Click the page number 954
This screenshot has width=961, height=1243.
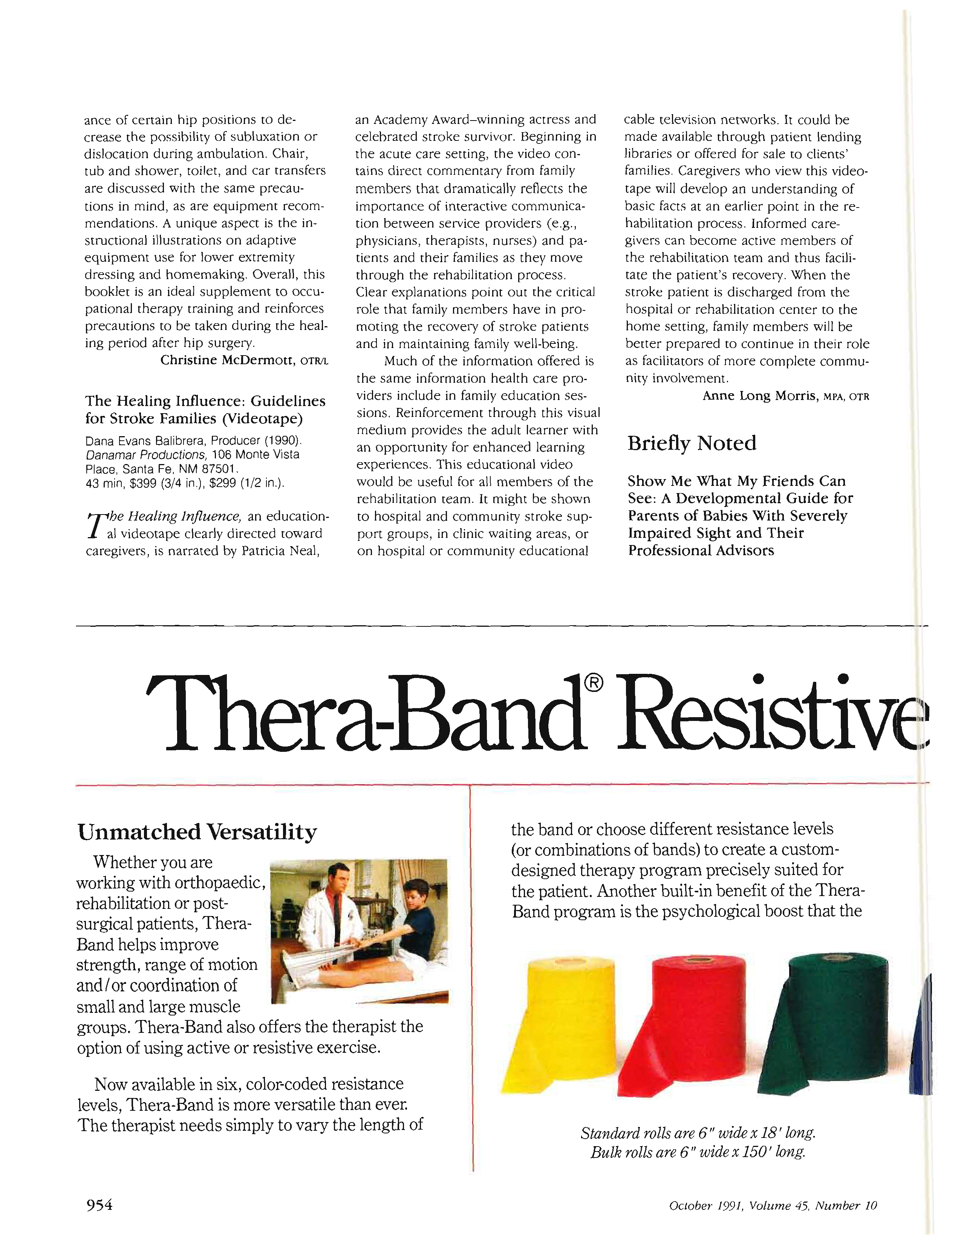click(x=99, y=1204)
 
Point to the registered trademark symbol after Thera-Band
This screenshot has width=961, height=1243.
click(x=593, y=683)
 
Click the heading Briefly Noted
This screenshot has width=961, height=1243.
click(x=692, y=443)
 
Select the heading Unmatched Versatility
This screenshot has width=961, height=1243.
click(x=197, y=832)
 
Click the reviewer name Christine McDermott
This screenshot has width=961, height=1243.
click(x=228, y=360)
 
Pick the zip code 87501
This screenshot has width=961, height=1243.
click(x=219, y=469)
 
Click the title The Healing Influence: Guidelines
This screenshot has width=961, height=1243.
click(x=205, y=401)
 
